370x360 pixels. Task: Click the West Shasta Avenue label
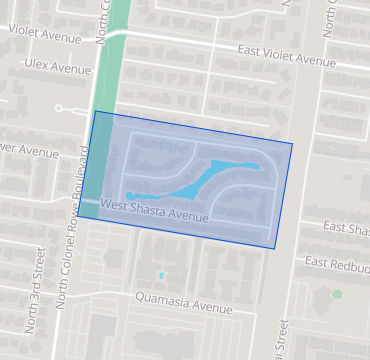[155, 211]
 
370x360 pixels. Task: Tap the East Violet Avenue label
[286, 55]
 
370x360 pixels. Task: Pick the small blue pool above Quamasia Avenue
[160, 274]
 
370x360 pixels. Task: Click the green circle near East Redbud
[337, 294]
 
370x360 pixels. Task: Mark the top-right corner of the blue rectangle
[292, 143]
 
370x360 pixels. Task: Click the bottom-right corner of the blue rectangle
[275, 248]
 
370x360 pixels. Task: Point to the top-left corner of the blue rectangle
[95, 111]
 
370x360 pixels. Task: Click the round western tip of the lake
[129, 195]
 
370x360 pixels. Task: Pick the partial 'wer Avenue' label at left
[30, 153]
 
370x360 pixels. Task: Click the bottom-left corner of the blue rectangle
[78, 217]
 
